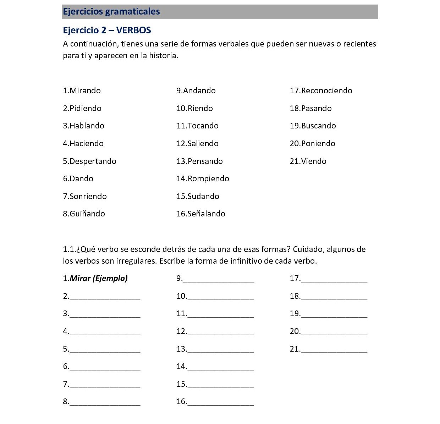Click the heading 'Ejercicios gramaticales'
111,12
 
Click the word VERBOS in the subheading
133,30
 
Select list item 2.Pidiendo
82,108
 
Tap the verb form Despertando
93,161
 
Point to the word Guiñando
87,214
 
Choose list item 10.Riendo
195,108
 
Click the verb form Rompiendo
208,178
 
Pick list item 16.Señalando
201,214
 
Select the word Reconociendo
326,90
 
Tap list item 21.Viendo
308,161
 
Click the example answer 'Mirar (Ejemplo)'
99,278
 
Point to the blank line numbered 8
105,403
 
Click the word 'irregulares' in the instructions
136,261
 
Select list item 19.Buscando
313,126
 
